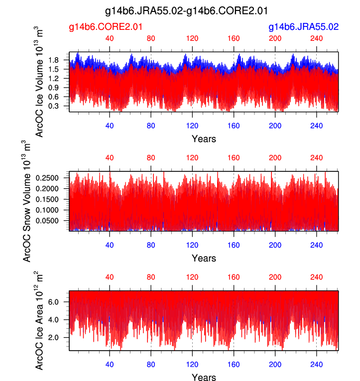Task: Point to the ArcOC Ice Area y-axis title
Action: coord(39,321)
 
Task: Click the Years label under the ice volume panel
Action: coord(204,139)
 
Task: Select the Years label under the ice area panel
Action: coord(204,378)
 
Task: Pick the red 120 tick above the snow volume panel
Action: coord(192,157)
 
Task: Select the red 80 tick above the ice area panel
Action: coord(151,276)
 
